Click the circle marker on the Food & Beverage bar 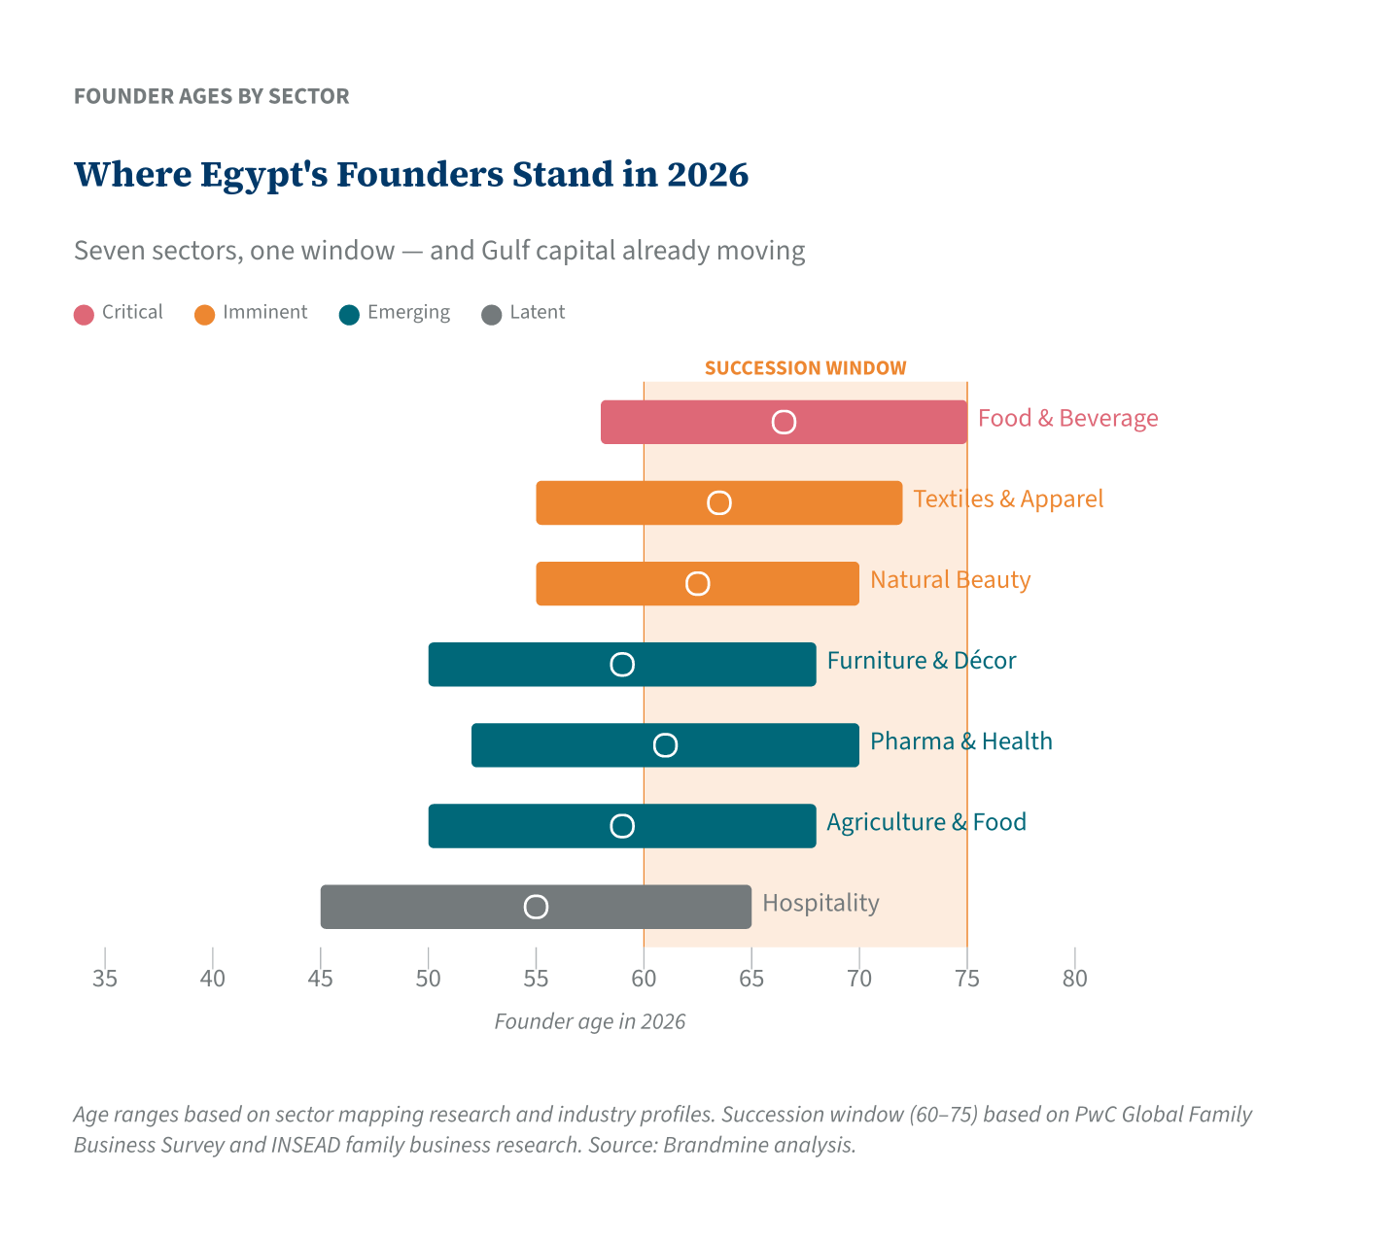click(784, 422)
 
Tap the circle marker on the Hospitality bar click(536, 907)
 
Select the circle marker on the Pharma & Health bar click(665, 745)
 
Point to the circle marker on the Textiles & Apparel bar click(718, 502)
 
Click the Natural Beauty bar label click(950, 580)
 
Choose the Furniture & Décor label click(921, 661)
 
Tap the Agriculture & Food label click(925, 822)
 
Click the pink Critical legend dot click(85, 314)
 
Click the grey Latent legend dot click(492, 314)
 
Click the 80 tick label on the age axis click(1074, 979)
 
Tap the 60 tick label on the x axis click(644, 979)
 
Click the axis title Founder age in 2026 click(589, 1022)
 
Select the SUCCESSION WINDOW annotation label click(805, 368)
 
